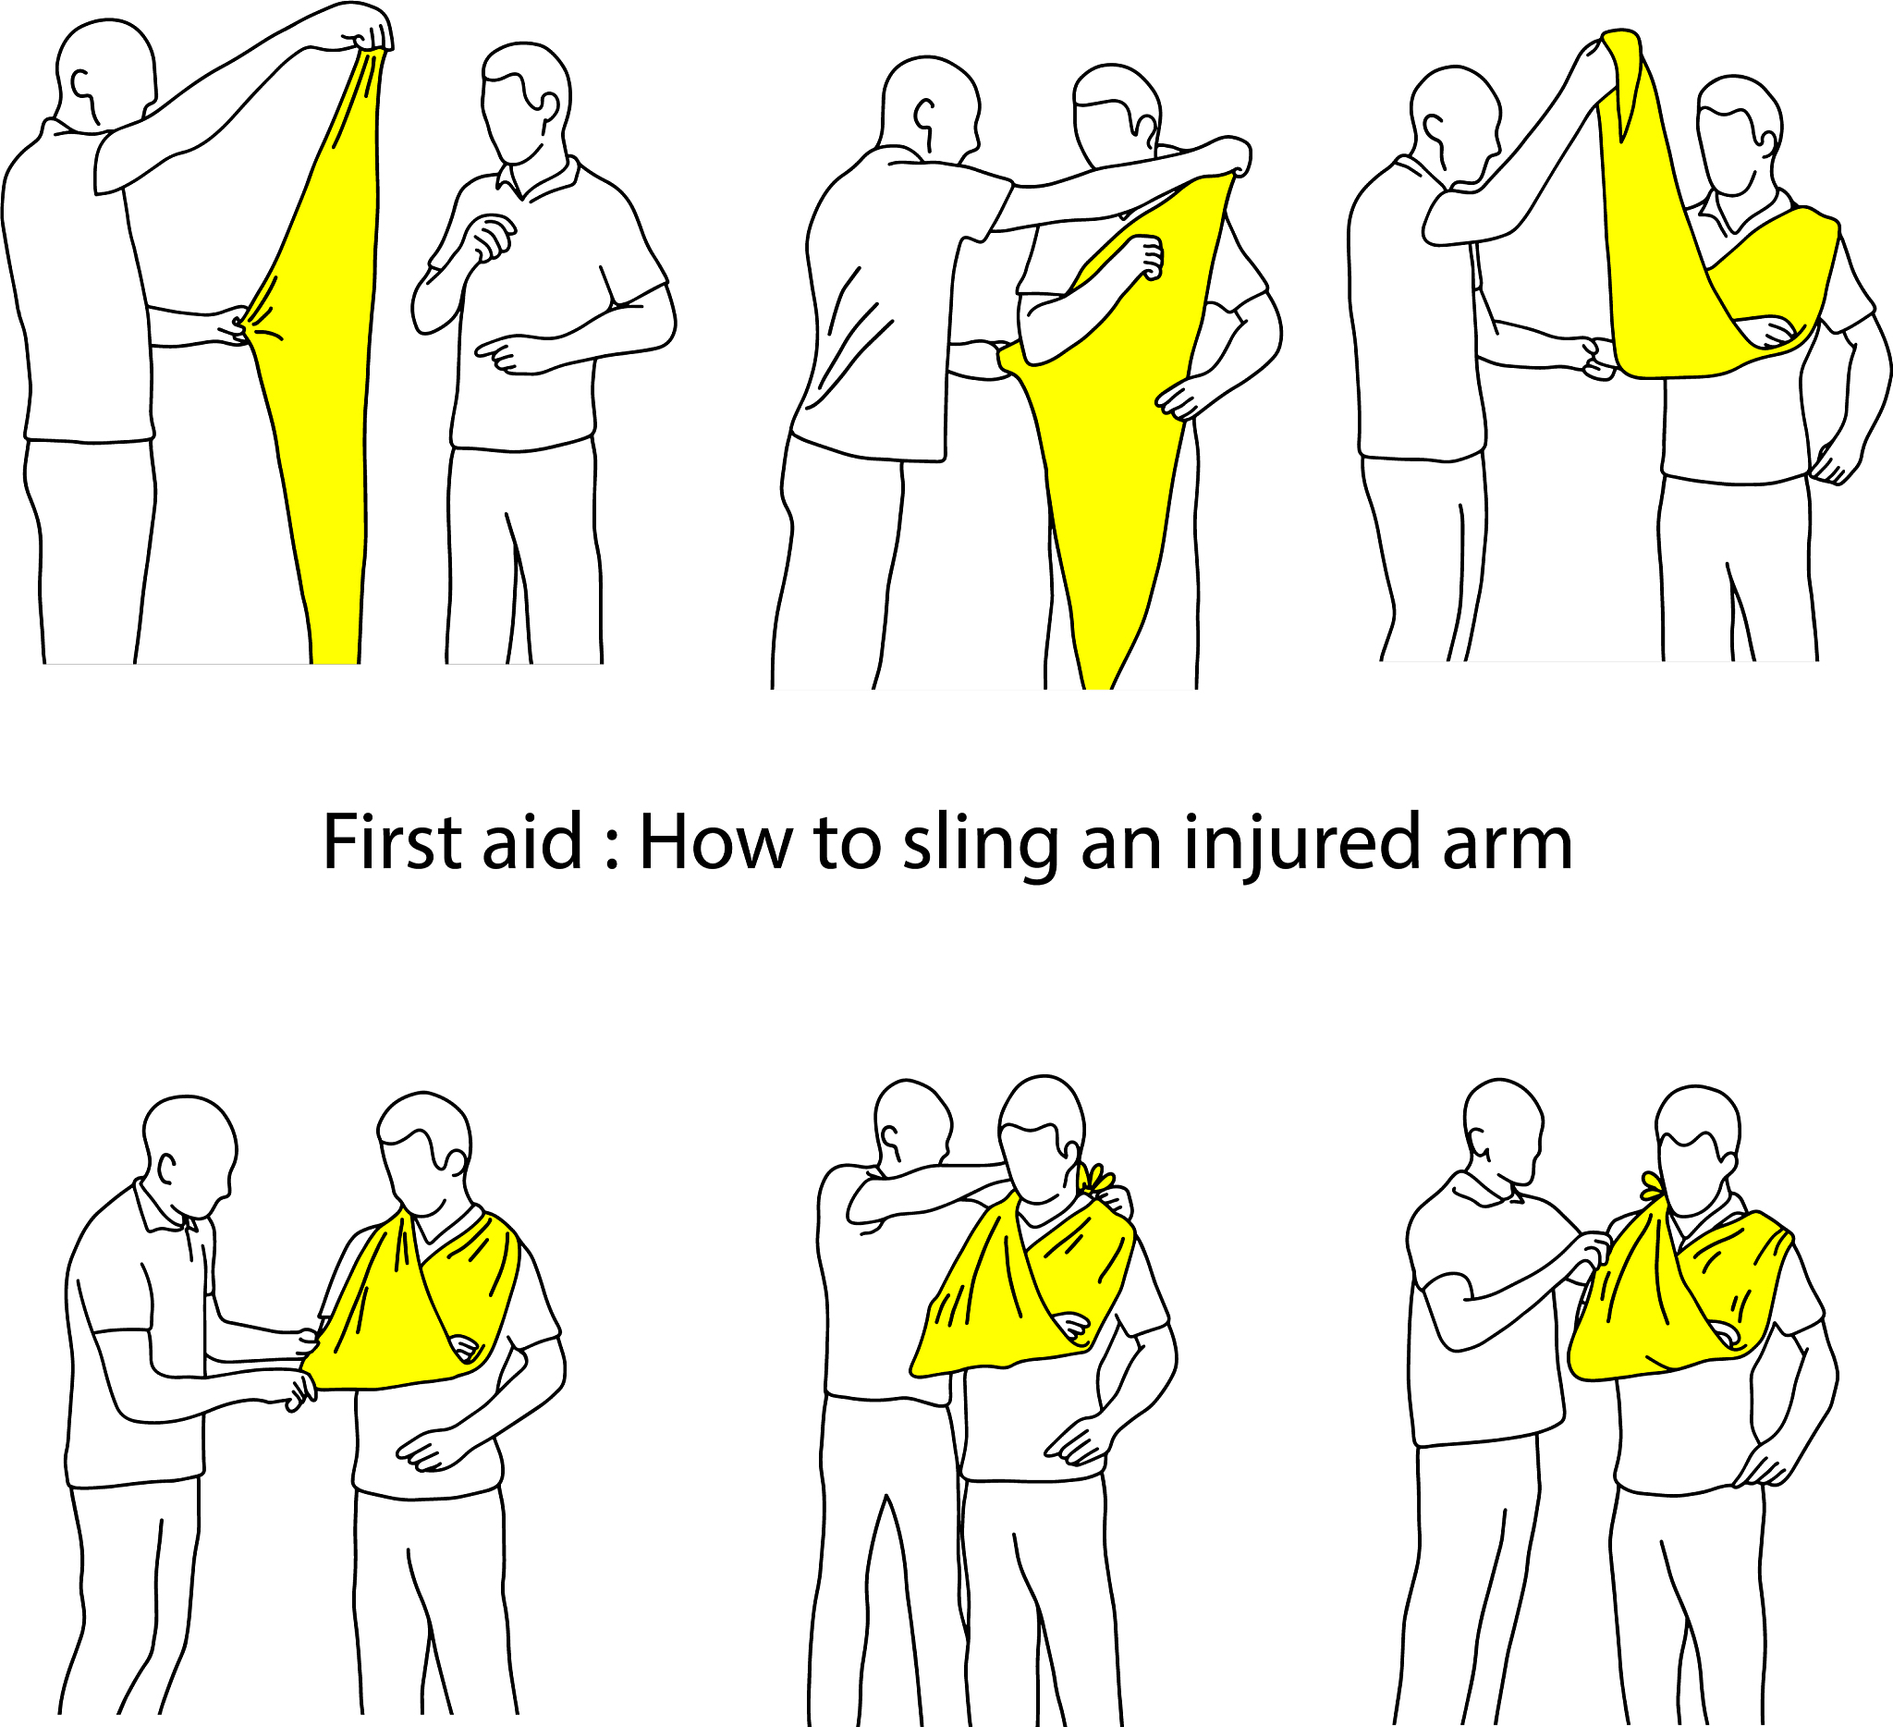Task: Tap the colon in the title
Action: point(612,851)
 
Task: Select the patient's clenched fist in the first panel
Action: point(491,238)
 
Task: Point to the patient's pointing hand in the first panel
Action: point(511,354)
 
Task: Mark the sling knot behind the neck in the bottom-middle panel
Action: point(1098,1179)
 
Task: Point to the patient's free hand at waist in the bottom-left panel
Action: point(434,1450)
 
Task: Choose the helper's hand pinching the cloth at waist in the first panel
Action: point(235,324)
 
